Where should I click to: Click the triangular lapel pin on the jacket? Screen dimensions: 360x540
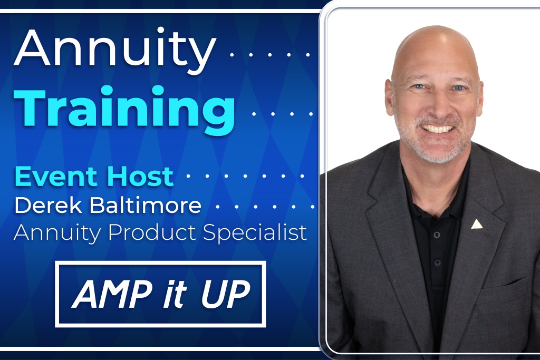point(477,223)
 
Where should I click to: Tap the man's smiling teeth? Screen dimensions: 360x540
point(437,129)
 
